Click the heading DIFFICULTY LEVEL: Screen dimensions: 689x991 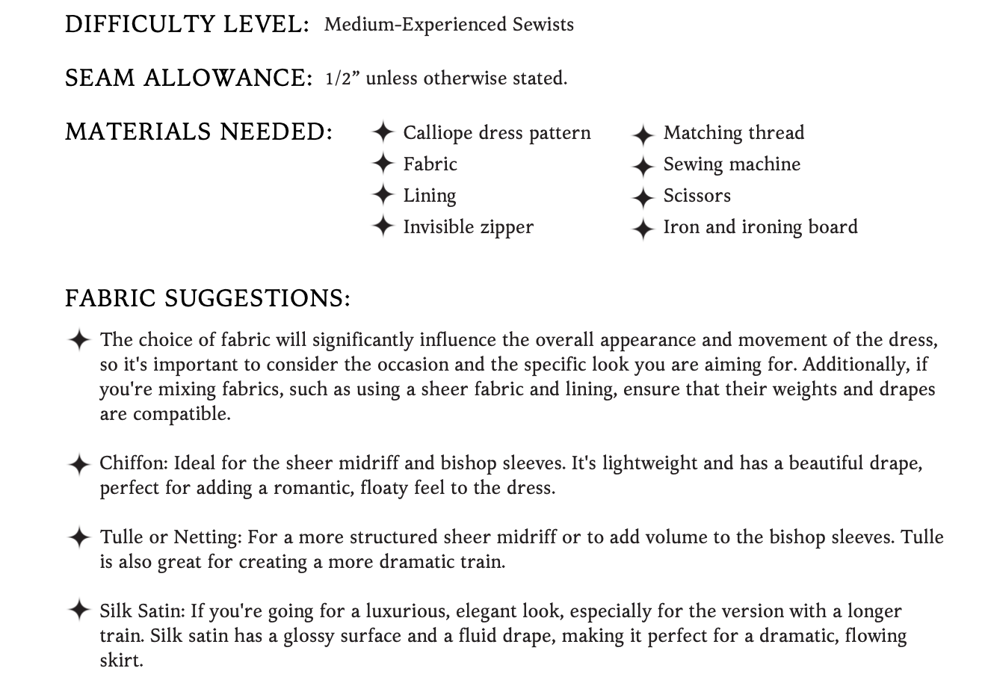187,25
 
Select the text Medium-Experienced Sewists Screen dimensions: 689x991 448,25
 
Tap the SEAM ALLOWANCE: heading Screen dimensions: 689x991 188,78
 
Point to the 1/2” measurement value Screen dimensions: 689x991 343,78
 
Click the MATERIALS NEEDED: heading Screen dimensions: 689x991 199,132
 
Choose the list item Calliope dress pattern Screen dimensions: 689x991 496,133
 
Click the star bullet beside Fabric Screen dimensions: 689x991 383,164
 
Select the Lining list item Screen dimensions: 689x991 429,196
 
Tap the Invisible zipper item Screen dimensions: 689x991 468,227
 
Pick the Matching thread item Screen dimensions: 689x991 733,133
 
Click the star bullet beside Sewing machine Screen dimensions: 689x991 643,165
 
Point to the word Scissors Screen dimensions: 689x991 697,196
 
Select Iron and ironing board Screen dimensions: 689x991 760,227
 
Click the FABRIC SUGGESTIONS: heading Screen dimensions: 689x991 207,299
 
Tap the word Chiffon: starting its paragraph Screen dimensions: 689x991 134,463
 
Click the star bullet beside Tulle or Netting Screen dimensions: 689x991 78,537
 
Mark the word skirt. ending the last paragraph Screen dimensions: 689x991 121,661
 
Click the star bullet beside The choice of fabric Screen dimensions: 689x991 78,340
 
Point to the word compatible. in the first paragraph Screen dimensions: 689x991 182,414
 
